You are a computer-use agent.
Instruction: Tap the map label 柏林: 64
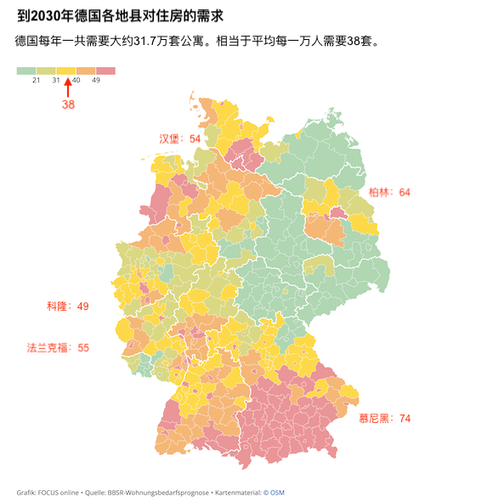(389, 193)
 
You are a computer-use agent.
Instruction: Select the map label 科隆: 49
(68, 306)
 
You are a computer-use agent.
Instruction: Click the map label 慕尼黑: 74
(384, 418)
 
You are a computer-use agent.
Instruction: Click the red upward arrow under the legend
(68, 87)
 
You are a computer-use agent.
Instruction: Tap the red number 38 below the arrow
(68, 104)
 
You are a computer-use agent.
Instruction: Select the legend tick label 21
(37, 80)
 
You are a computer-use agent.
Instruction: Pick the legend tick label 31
(56, 80)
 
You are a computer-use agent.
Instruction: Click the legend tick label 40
(77, 80)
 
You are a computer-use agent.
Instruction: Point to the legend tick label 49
(96, 80)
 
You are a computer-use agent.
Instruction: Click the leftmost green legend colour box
(26, 71)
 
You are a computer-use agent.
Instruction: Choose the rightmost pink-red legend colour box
(105, 71)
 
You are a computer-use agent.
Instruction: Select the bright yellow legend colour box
(66, 71)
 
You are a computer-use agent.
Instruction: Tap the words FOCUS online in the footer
(58, 492)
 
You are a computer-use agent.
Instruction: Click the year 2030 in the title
(48, 14)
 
